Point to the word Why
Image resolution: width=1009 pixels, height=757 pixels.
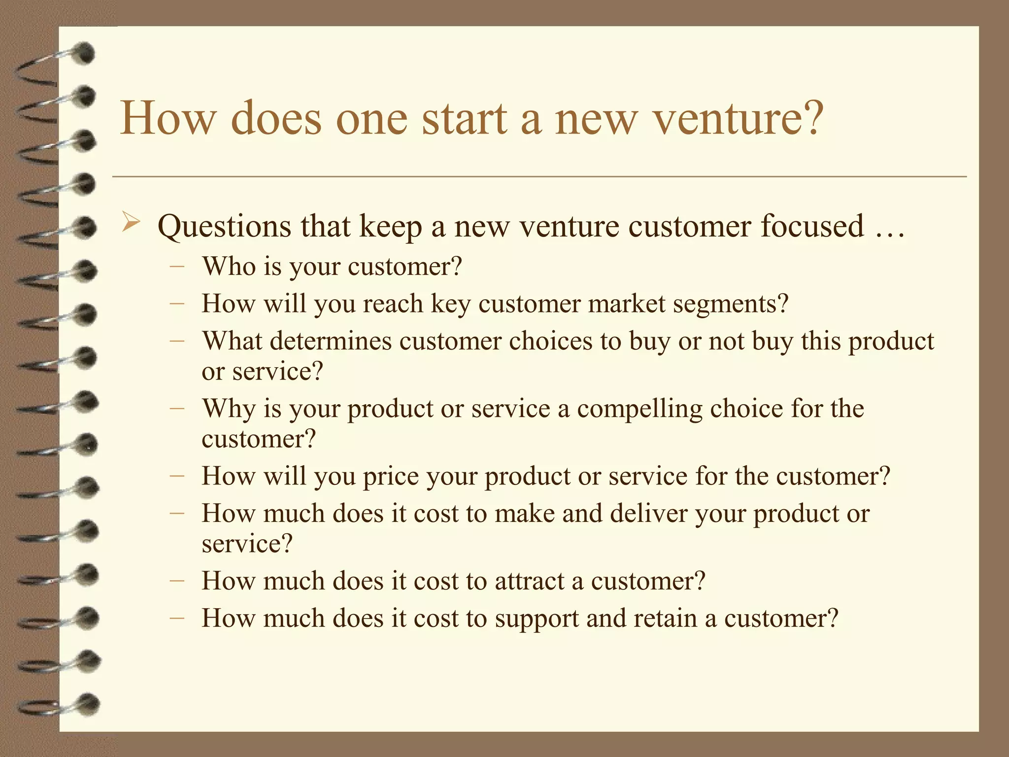point(229,409)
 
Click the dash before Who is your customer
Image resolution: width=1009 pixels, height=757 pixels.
point(176,267)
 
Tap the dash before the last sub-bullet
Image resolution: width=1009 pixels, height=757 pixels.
point(176,619)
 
